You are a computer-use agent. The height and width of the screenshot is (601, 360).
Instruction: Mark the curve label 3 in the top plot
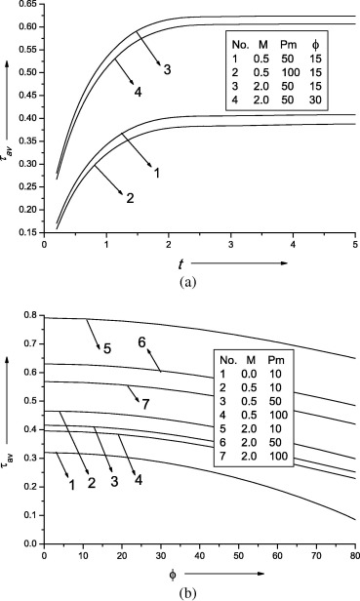[x=167, y=69]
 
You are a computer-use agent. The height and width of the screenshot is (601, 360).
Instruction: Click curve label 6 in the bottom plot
[x=141, y=342]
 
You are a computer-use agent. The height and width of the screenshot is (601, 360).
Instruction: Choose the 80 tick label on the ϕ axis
[x=352, y=556]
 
